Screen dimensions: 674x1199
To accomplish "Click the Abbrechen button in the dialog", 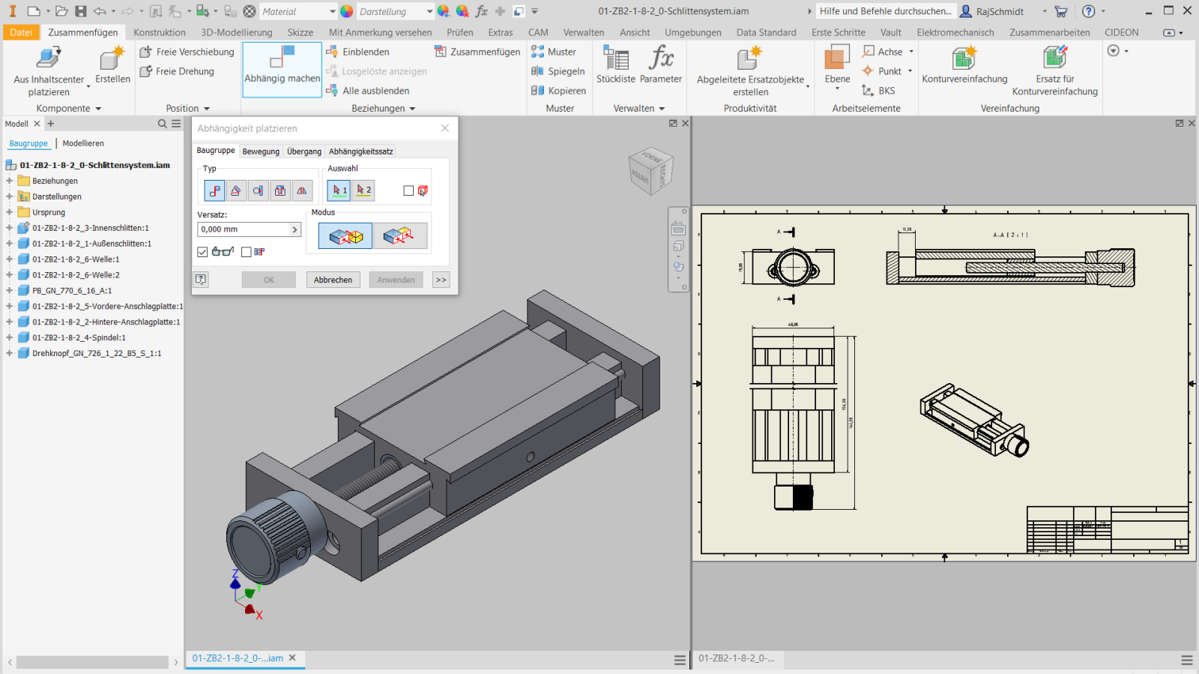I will click(333, 280).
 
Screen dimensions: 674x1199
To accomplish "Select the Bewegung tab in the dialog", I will click(261, 151).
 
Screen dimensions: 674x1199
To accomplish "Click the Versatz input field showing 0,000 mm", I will click(244, 229).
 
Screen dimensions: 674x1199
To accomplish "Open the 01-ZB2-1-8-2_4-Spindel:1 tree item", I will click(79, 337).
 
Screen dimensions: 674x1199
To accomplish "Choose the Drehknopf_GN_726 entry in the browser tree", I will click(96, 353).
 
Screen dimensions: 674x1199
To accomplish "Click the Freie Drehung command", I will click(184, 71).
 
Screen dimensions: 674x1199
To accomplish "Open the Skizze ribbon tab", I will click(300, 32).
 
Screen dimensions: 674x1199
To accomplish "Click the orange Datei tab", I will click(21, 32).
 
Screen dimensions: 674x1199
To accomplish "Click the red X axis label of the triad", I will click(259, 616).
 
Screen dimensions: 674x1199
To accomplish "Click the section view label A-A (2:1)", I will click(1010, 235).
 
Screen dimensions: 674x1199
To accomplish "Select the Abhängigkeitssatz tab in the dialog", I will click(360, 151).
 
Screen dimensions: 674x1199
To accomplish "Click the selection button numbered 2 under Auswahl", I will click(363, 190).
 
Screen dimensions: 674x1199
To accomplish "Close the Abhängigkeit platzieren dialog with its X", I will click(445, 128).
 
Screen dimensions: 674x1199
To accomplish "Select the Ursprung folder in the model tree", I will click(49, 212).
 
